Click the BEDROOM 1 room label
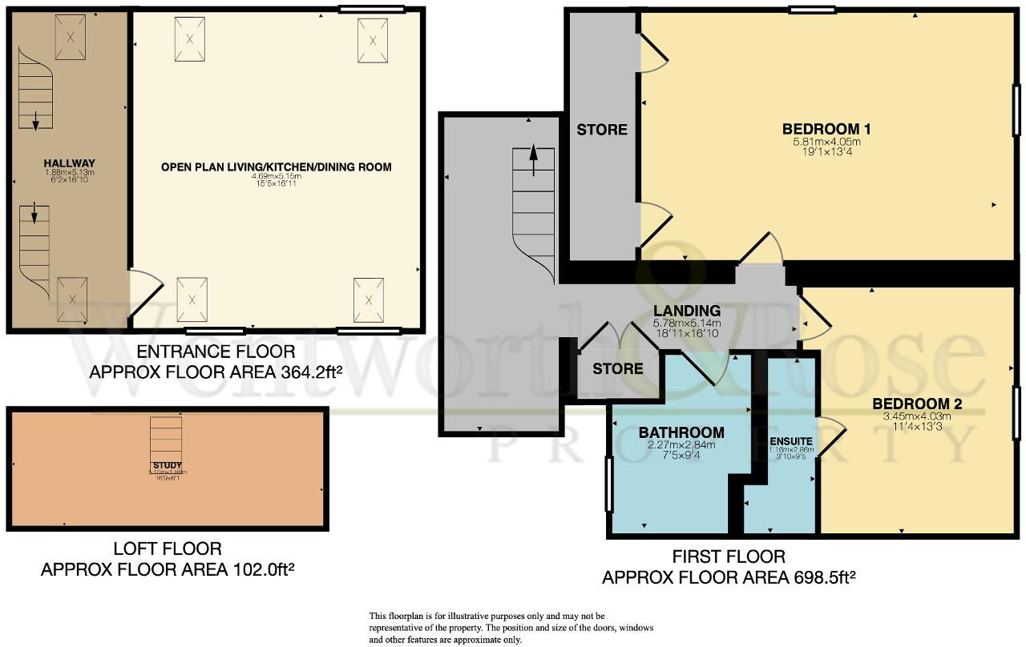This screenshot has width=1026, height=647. coord(826,129)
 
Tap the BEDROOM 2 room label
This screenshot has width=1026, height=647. coord(916,404)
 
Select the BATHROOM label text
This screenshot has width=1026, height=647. coord(681,432)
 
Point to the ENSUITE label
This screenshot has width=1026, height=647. coord(791,441)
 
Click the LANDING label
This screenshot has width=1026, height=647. coord(686,311)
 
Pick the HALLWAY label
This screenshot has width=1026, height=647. coord(70,163)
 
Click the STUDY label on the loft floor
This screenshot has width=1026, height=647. coord(168,465)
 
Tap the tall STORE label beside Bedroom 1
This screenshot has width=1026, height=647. coord(602,129)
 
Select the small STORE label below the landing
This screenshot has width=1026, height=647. coord(617,368)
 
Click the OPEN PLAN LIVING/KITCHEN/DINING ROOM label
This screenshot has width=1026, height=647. coord(276,167)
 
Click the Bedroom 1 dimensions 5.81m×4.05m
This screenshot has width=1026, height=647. coord(826,143)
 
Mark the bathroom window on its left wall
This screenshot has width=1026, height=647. coord(608,483)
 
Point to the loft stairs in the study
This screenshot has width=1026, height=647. coord(167,436)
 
